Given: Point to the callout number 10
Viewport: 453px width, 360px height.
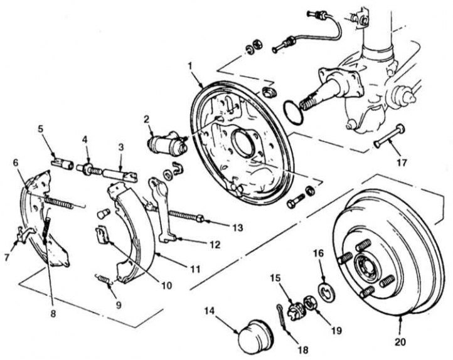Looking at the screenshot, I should tap(166, 284).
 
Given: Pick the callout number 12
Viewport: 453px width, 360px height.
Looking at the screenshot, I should tap(215, 245).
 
